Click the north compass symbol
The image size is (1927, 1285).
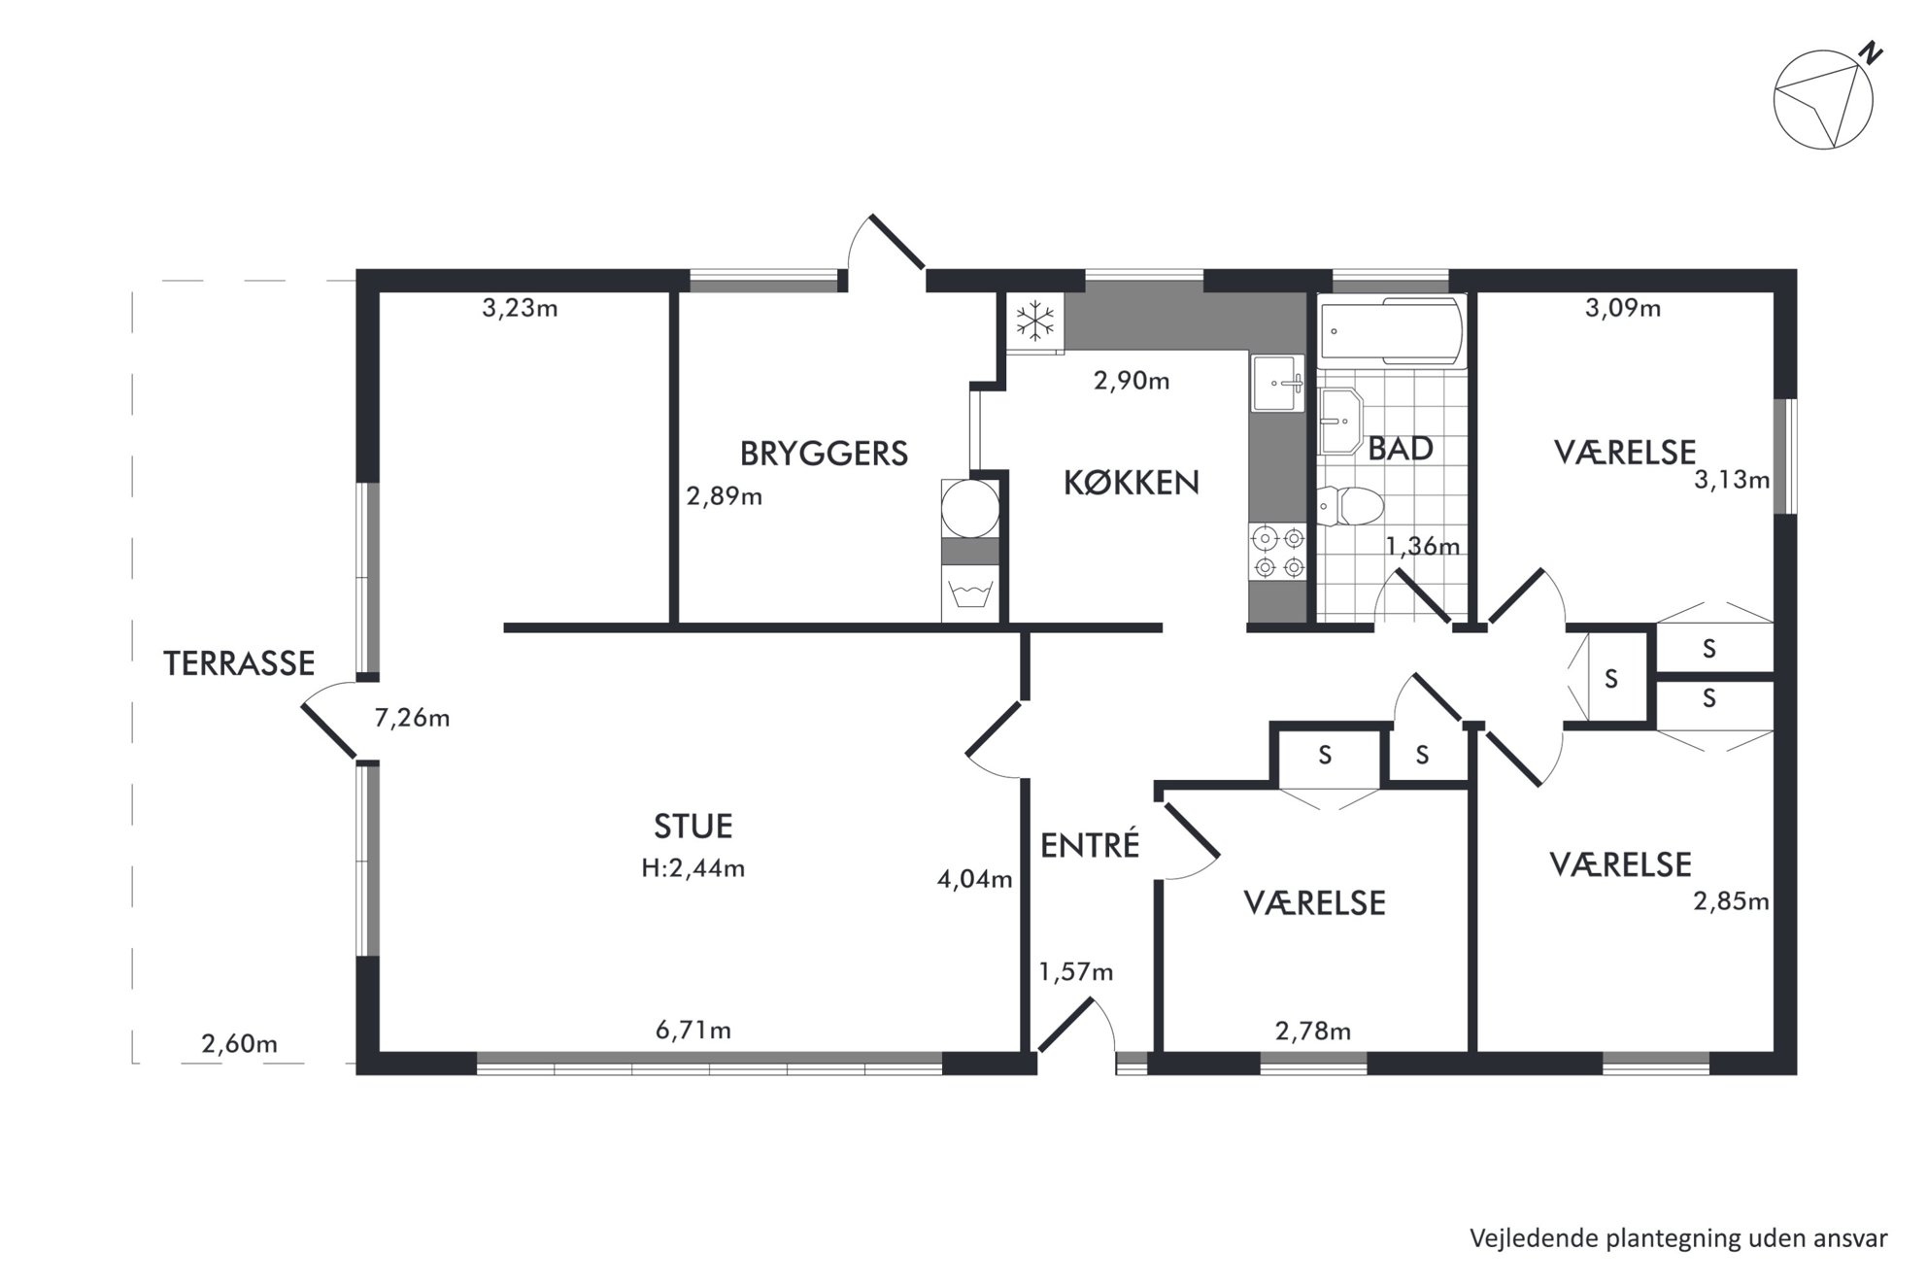pyautogui.click(x=1822, y=100)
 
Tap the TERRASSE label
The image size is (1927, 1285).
pyautogui.click(x=239, y=663)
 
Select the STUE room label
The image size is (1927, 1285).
pyautogui.click(x=693, y=827)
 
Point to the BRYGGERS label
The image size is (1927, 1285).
pyautogui.click(x=824, y=454)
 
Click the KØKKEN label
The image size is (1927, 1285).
pyautogui.click(x=1132, y=483)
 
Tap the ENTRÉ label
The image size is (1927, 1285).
pyautogui.click(x=1090, y=845)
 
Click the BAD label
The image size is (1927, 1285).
pyautogui.click(x=1401, y=449)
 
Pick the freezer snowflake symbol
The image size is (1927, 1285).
pyautogui.click(x=1035, y=321)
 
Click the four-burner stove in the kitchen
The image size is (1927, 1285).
pyautogui.click(x=1278, y=553)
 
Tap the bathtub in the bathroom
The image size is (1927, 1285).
pyautogui.click(x=1392, y=332)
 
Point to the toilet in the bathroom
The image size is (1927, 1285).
pyautogui.click(x=1350, y=507)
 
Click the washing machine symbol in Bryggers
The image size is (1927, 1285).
pyautogui.click(x=970, y=593)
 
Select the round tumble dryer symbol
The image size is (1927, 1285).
pyautogui.click(x=970, y=507)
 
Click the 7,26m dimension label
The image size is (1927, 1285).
pyautogui.click(x=412, y=719)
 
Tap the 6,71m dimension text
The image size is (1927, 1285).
pyautogui.click(x=693, y=1030)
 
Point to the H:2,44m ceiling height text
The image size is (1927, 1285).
pyautogui.click(x=693, y=868)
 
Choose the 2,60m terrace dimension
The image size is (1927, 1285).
pyautogui.click(x=239, y=1044)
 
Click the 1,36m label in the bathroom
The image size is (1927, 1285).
pyautogui.click(x=1422, y=547)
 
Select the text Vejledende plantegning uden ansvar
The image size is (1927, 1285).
pyautogui.click(x=1678, y=1239)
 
